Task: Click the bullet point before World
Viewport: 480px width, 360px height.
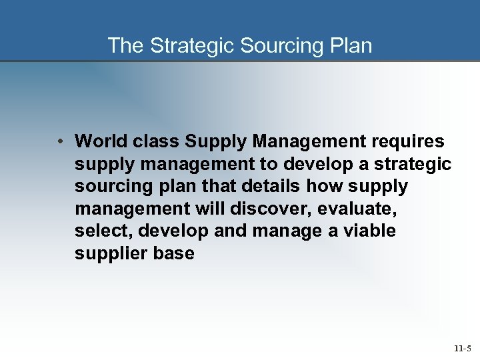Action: [x=60, y=141]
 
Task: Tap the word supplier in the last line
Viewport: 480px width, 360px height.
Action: [x=109, y=254]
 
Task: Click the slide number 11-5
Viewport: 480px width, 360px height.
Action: [x=462, y=348]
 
